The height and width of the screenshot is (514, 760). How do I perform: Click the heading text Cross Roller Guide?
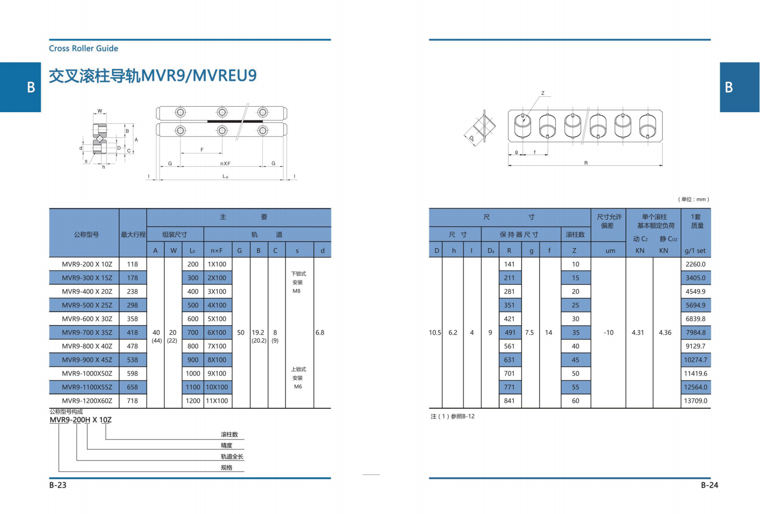click(83, 48)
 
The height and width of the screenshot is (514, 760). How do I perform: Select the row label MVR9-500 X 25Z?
click(87, 305)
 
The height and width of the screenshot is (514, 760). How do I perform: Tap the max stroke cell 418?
click(132, 332)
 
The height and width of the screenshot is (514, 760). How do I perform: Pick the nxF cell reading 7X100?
click(217, 346)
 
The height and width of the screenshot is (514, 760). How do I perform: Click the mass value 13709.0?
click(695, 400)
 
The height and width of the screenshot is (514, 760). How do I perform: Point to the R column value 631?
click(509, 359)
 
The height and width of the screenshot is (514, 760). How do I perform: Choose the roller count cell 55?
click(575, 387)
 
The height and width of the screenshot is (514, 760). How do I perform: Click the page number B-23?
click(58, 485)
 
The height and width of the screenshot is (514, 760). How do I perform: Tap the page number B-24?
click(709, 485)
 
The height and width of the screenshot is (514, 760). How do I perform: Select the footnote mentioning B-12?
click(453, 416)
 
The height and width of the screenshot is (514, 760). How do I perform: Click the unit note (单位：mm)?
click(693, 199)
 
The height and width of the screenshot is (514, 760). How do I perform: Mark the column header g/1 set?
click(695, 250)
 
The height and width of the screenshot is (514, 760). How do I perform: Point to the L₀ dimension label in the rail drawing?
click(225, 176)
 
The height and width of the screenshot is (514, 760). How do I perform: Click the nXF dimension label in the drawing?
click(225, 163)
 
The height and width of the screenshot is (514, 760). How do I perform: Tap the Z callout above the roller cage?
click(543, 93)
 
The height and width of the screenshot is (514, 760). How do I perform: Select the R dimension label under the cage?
click(586, 163)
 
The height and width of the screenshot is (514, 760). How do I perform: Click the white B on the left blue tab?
click(31, 87)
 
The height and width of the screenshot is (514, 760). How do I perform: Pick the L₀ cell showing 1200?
click(193, 400)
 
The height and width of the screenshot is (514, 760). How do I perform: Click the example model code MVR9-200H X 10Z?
click(81, 420)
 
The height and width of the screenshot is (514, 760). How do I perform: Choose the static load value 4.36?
click(665, 332)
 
